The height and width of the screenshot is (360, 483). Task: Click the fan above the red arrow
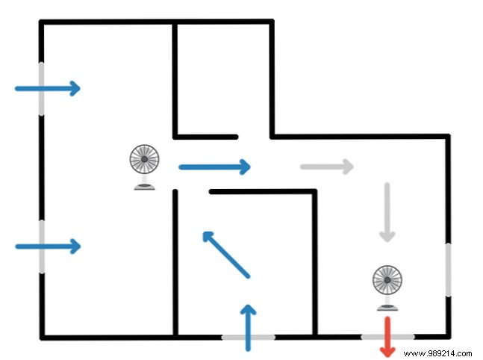[387, 282]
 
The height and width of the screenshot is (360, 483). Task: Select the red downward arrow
[387, 338]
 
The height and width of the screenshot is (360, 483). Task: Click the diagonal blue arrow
[225, 255]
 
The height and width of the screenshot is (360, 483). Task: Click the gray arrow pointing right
[326, 166]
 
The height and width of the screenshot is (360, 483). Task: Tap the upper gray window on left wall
[40, 88]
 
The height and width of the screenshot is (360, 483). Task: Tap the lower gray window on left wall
[40, 246]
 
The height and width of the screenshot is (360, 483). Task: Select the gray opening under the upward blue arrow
[248, 338]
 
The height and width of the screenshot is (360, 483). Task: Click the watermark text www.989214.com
[437, 352]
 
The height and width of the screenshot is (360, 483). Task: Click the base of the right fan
[387, 305]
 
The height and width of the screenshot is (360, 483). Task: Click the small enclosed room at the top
[222, 78]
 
